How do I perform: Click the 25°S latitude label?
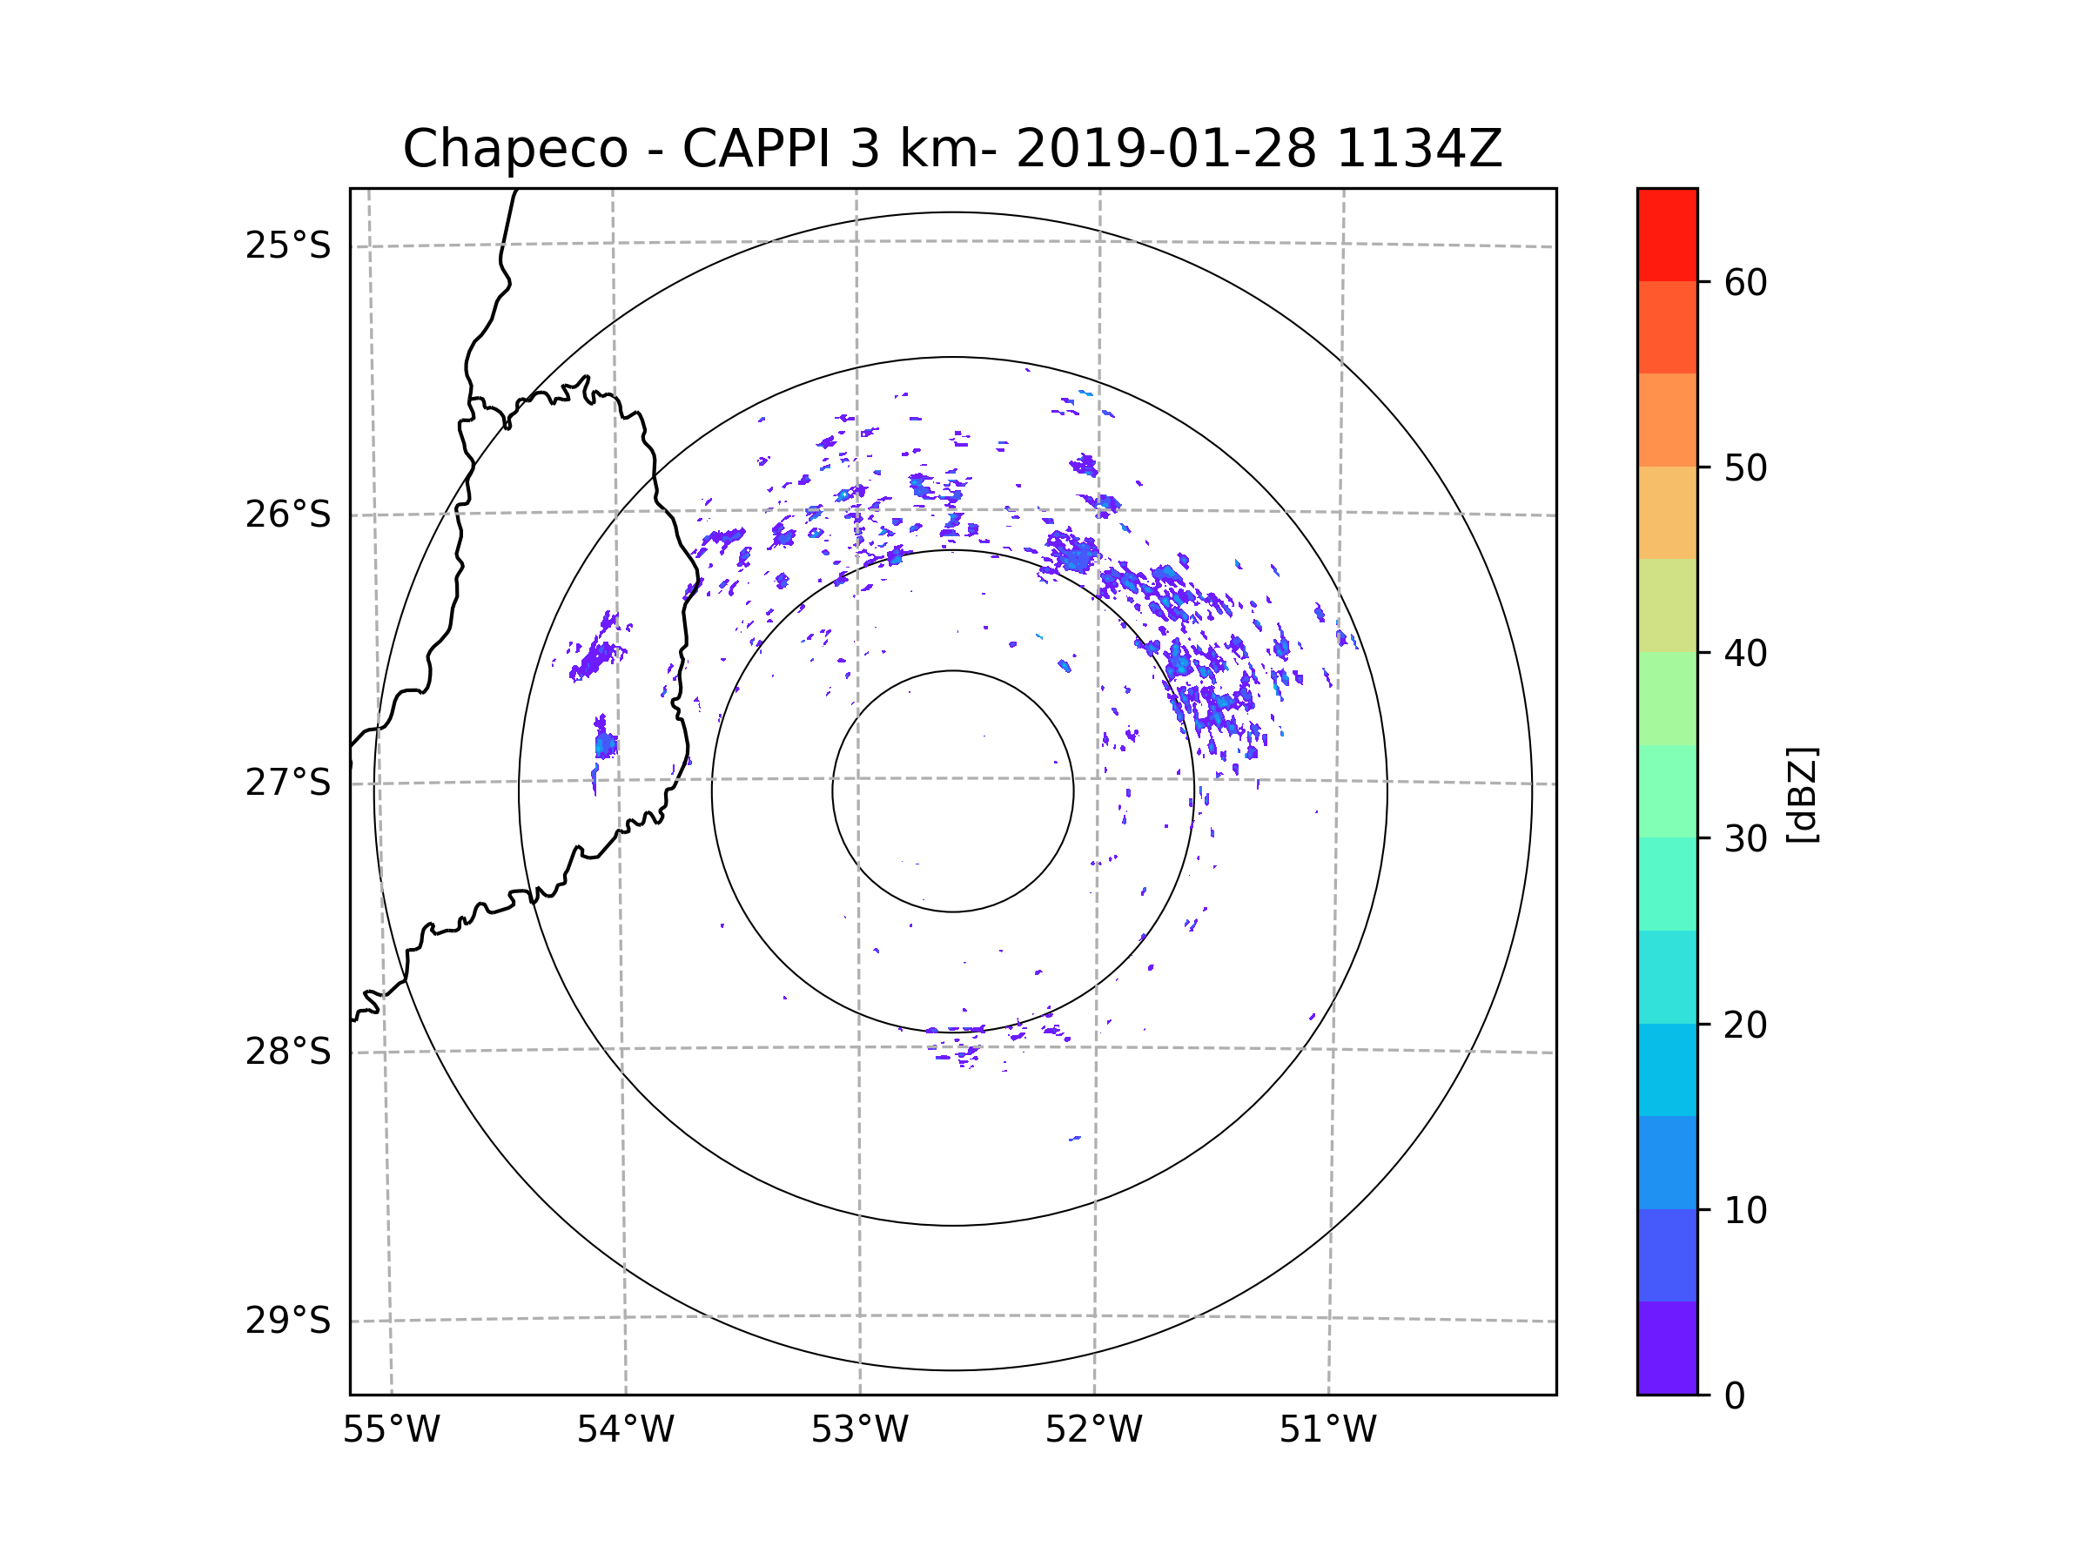pyautogui.click(x=288, y=245)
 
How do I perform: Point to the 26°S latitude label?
pyautogui.click(x=288, y=514)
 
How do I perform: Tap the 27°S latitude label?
pyautogui.click(x=288, y=783)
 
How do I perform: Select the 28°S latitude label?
pyautogui.click(x=288, y=1052)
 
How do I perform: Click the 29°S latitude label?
pyautogui.click(x=288, y=1321)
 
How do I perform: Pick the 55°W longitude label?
pyautogui.click(x=391, y=1430)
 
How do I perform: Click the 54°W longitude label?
pyautogui.click(x=625, y=1430)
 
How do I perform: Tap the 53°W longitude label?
pyautogui.click(x=859, y=1430)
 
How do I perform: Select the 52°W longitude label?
pyautogui.click(x=1093, y=1430)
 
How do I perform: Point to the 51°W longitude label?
pyautogui.click(x=1327, y=1430)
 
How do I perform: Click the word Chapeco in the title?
pyautogui.click(x=514, y=149)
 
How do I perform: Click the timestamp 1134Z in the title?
pyautogui.click(x=1419, y=149)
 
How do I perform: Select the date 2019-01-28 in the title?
pyautogui.click(x=1165, y=149)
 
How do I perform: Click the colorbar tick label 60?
pyautogui.click(x=1745, y=282)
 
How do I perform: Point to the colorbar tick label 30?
pyautogui.click(x=1745, y=838)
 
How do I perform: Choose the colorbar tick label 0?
pyautogui.click(x=1735, y=1396)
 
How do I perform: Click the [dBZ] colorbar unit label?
pyautogui.click(x=1802, y=794)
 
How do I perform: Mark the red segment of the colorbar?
pyautogui.click(x=1667, y=234)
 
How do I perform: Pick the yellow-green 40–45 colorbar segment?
pyautogui.click(x=1667, y=605)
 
